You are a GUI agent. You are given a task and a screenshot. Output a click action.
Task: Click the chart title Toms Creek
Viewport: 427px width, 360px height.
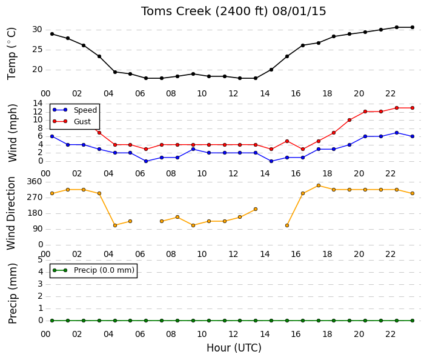(176, 11)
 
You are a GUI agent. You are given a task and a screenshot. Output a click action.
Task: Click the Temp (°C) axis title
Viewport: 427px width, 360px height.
(12, 54)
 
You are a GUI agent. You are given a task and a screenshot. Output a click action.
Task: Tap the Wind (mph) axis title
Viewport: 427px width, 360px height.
(13, 133)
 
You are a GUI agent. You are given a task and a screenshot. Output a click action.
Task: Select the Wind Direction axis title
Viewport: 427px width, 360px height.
(11, 213)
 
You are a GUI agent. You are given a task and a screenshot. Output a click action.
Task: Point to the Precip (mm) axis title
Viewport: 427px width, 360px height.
(13, 293)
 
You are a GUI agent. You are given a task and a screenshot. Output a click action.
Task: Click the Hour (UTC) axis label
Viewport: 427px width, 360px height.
(234, 348)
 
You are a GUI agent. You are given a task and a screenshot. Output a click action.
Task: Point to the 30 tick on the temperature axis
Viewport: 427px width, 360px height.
(38, 30)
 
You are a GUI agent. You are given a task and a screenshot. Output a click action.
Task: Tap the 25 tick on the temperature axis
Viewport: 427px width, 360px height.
(38, 50)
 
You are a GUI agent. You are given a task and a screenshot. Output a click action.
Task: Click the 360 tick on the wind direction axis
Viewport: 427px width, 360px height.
(35, 181)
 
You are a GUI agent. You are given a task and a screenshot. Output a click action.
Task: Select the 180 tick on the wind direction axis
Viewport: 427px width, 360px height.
(35, 213)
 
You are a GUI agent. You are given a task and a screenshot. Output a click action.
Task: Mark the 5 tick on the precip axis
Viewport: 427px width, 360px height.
(40, 259)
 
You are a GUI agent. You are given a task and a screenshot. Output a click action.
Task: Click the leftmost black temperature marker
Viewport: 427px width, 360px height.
(52, 34)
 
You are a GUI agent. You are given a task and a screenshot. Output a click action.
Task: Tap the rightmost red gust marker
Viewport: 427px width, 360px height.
(412, 108)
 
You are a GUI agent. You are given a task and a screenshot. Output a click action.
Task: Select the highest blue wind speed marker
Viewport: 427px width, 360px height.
(397, 133)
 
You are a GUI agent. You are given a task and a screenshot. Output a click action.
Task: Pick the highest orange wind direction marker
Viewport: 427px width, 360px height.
(319, 185)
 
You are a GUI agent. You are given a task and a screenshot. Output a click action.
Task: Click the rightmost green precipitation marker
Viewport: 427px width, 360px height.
(412, 321)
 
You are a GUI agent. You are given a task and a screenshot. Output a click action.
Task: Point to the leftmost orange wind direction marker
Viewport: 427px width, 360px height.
(52, 193)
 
